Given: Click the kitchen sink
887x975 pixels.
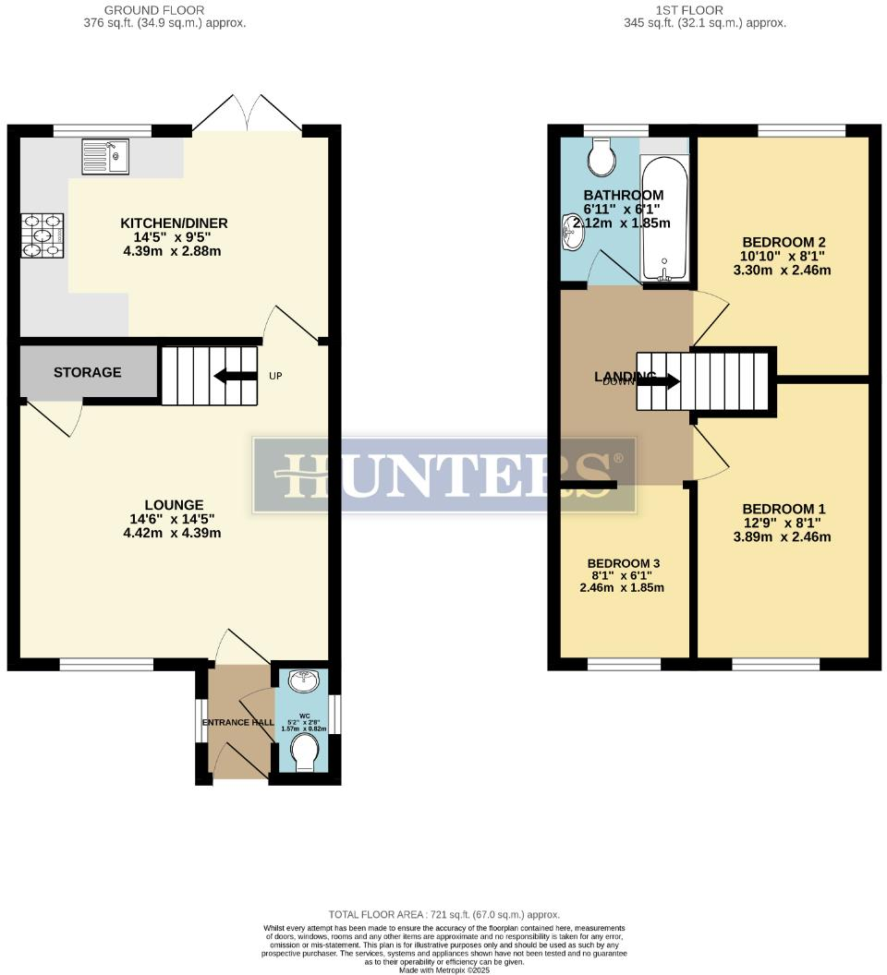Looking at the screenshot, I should (106, 156).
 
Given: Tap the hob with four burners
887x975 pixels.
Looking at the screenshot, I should (43, 235).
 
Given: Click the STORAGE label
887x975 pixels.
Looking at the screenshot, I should (87, 372).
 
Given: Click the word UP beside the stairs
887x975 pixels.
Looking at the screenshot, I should (275, 376).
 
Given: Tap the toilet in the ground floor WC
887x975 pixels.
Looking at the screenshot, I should (304, 756).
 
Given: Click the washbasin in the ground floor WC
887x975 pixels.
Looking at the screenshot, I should (303, 682).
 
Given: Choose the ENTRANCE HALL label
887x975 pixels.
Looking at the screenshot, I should (238, 722).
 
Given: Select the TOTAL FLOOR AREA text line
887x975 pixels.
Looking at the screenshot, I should (443, 914).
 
